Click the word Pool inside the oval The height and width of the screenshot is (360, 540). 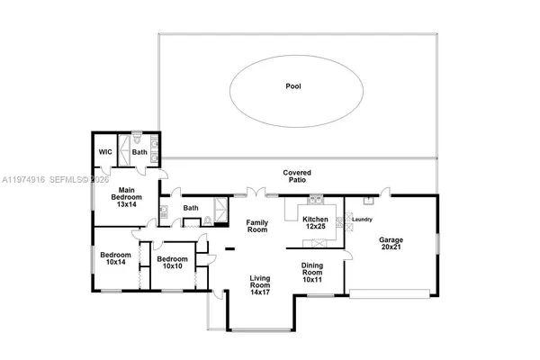pyautogui.click(x=293, y=87)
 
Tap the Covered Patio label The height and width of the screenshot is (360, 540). pyautogui.click(x=296, y=175)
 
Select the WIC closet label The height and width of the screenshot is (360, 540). pyautogui.click(x=104, y=152)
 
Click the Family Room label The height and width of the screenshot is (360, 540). pyautogui.click(x=258, y=225)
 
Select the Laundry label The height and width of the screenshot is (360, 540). pyautogui.click(x=362, y=220)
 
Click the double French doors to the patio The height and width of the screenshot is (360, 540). pyautogui.click(x=256, y=192)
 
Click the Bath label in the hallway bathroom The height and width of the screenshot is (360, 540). pyautogui.click(x=191, y=209)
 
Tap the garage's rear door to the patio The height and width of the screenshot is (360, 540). pyautogui.click(x=385, y=191)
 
